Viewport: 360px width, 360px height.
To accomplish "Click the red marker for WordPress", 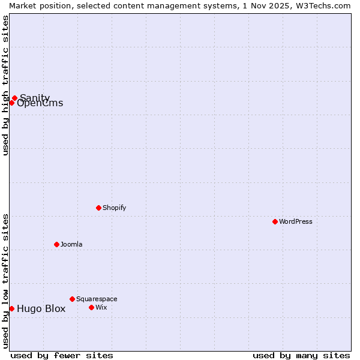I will click(x=275, y=221).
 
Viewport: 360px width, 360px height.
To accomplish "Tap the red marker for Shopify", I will click(x=98, y=208).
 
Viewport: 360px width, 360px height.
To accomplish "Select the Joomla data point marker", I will click(x=56, y=244).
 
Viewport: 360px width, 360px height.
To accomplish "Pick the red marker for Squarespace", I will click(x=72, y=299).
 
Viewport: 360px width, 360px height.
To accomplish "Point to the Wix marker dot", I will click(x=91, y=307).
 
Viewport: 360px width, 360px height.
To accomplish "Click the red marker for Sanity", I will click(x=14, y=98).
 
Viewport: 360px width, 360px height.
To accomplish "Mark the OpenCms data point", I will click(x=11, y=103).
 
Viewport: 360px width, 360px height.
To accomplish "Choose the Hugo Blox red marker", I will click(x=11, y=308).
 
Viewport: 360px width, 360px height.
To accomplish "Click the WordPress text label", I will click(x=296, y=221).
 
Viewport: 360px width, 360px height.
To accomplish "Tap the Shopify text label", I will click(x=114, y=208).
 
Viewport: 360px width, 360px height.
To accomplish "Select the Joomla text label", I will click(x=71, y=244).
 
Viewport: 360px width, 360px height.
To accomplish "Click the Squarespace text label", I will click(x=97, y=299).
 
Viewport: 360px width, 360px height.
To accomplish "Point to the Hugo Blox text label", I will click(x=41, y=309).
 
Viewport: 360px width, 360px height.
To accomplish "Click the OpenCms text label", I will click(x=40, y=103).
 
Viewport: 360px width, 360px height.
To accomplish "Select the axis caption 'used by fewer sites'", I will click(x=62, y=355).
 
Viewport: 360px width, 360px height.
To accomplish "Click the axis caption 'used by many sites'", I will click(x=301, y=355).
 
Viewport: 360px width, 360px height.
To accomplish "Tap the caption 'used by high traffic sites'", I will click(x=5, y=85).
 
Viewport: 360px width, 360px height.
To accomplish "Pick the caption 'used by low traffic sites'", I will click(x=5, y=280).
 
